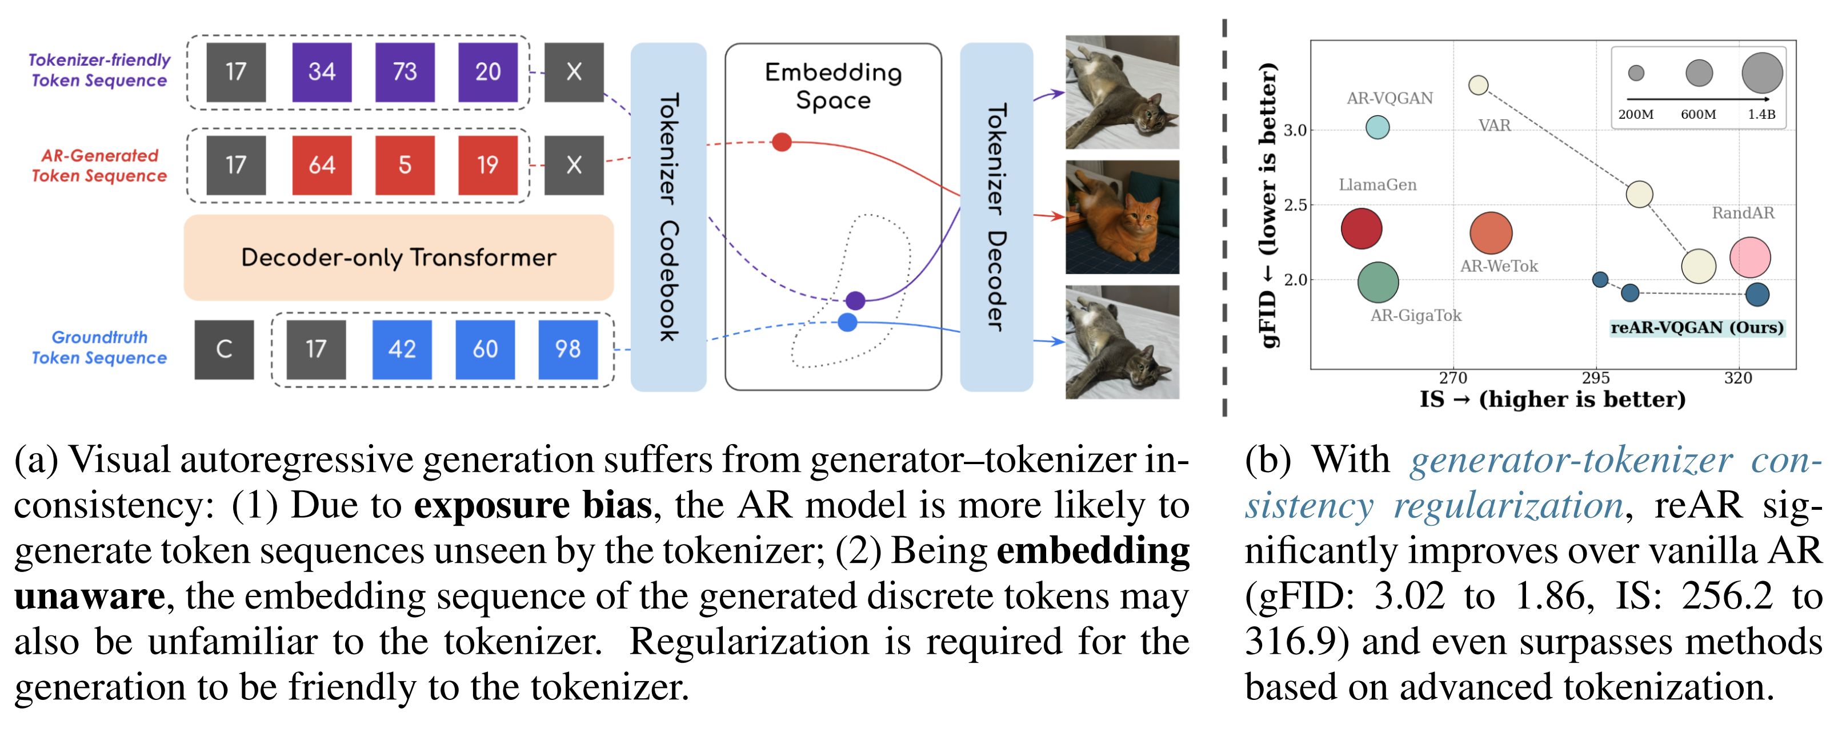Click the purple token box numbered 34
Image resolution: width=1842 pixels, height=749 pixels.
322,72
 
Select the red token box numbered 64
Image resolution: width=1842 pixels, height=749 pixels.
322,165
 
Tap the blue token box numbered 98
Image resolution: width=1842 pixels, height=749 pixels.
568,349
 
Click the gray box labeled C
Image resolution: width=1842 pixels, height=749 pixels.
224,349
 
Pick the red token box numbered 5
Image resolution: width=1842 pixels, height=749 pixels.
405,165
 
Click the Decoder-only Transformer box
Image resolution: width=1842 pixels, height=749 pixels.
398,257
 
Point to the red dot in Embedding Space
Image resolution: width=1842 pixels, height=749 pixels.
782,142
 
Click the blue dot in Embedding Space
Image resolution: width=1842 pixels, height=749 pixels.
847,323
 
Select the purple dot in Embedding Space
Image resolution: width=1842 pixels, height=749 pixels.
855,300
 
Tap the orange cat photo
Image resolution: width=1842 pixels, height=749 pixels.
1122,218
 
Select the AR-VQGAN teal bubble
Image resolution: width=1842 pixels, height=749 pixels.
1377,127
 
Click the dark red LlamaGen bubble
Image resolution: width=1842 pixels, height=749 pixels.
1361,229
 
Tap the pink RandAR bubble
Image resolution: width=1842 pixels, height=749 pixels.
1750,257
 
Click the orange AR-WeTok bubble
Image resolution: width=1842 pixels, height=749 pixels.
1491,233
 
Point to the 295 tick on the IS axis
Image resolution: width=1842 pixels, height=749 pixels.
1595,378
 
